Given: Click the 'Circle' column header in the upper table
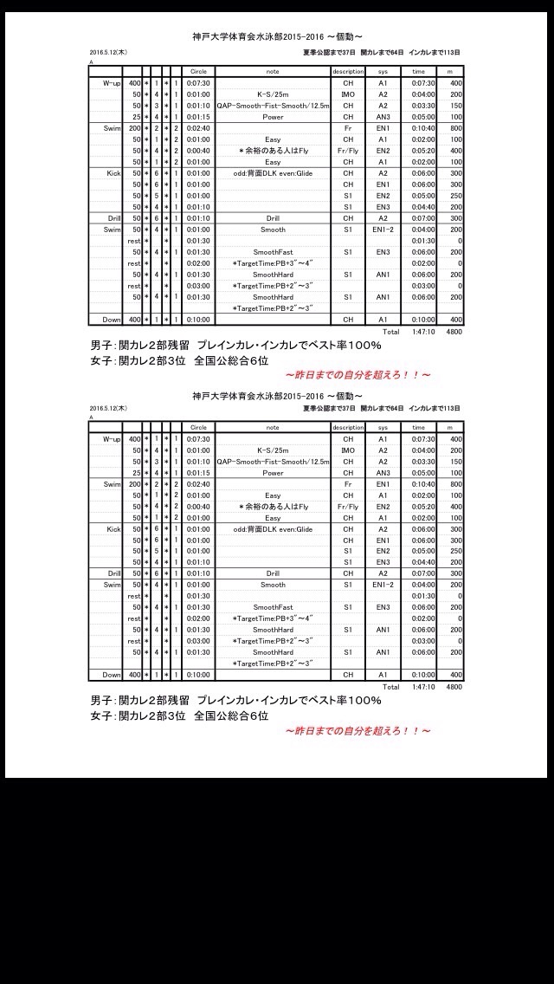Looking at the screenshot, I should (x=198, y=71).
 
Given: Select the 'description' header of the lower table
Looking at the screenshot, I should (x=348, y=427).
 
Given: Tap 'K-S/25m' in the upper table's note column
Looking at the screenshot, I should (x=273, y=94).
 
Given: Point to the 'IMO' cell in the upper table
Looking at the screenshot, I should (x=348, y=94).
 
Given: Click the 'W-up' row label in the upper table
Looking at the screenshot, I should (x=111, y=82).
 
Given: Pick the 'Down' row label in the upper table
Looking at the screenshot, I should (x=112, y=320).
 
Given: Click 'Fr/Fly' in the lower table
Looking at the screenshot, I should (x=348, y=506).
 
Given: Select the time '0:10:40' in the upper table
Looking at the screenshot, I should (x=419, y=127).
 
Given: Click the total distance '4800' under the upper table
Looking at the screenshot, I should (x=454, y=331).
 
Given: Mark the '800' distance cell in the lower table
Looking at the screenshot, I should (x=456, y=483).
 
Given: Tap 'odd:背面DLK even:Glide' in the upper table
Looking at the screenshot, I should (x=273, y=172).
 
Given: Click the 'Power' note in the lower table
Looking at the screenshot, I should (x=273, y=472).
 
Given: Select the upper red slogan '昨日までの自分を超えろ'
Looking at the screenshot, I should (x=358, y=375).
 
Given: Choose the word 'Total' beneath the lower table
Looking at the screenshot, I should (x=391, y=687).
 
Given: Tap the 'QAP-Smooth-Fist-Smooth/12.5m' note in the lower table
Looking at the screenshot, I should (x=273, y=461).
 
